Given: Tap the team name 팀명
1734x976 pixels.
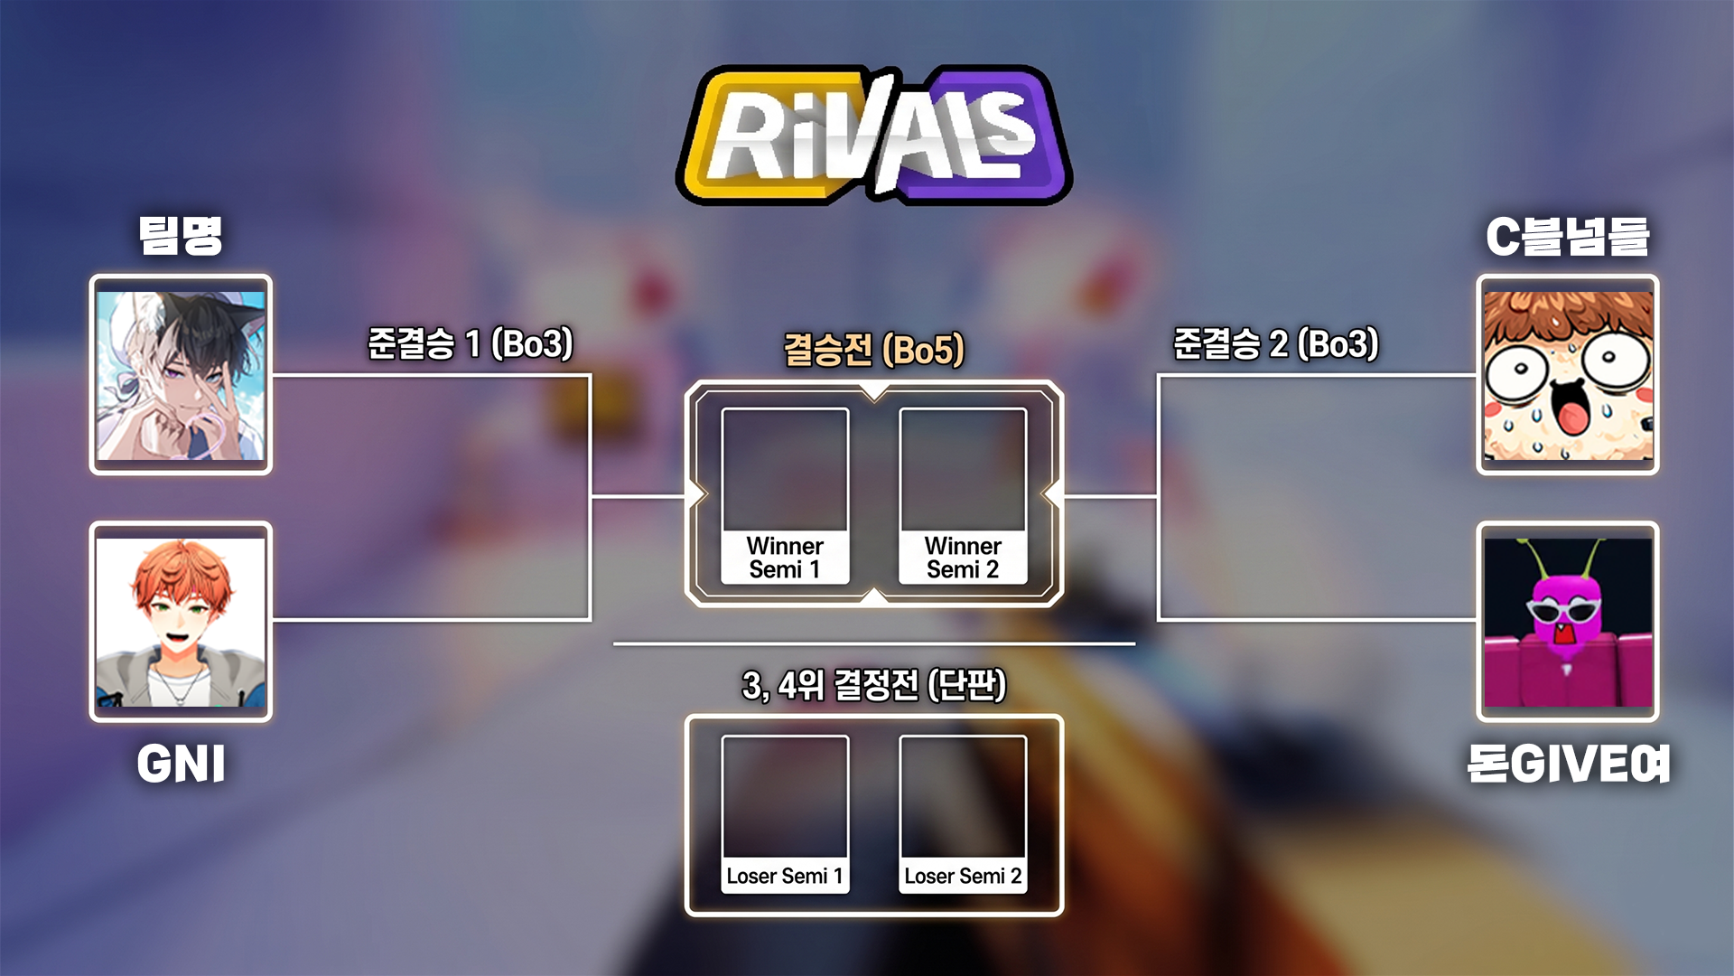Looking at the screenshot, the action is (181, 236).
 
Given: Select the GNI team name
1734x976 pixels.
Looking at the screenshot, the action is (181, 764).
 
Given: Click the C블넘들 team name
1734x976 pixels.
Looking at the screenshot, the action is (1568, 237).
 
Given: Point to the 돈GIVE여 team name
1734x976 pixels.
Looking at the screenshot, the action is (1569, 764).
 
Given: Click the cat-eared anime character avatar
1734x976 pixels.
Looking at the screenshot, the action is (181, 375).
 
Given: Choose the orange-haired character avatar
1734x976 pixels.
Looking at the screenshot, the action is (181, 622).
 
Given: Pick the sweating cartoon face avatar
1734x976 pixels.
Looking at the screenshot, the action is (1568, 375).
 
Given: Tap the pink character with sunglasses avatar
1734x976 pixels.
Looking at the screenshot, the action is (1568, 622).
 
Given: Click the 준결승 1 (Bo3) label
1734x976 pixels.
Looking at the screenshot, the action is (471, 344).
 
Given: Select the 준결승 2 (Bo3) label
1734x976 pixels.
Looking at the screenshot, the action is (1276, 344).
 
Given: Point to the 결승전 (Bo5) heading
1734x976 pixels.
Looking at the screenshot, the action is (874, 350).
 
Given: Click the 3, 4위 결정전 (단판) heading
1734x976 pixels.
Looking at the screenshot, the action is (874, 685).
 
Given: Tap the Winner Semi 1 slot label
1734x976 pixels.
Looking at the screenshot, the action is (785, 558).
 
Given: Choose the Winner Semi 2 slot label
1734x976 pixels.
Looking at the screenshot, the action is (963, 558).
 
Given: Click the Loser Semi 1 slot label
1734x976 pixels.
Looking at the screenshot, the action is (785, 876).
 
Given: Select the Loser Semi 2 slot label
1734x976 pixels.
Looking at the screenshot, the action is (963, 876).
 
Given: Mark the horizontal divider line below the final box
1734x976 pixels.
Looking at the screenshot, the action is (874, 644).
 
